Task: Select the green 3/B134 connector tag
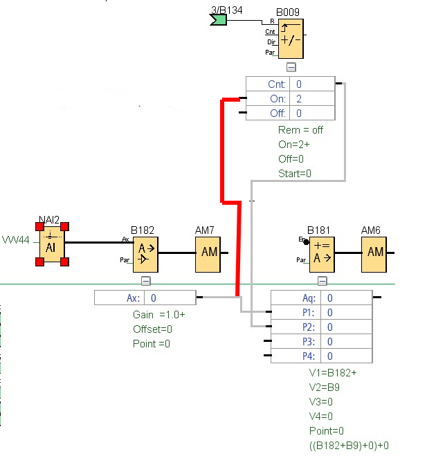coord(219,19)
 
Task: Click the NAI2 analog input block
coord(52,244)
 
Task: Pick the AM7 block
coord(209,252)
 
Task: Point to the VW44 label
coord(16,240)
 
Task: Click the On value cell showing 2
coord(312,99)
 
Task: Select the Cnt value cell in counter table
coord(312,84)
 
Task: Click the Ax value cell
coord(170,298)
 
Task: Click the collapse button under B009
coord(291,67)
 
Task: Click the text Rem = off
coord(300,130)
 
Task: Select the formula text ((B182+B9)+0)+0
coord(349,446)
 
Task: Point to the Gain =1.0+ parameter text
coord(159,315)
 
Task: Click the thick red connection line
coord(222,152)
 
